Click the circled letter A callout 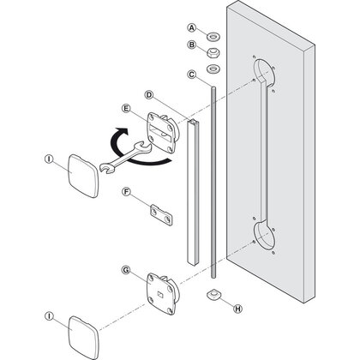192,27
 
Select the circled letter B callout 192,45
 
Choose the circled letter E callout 127,110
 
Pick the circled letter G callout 127,271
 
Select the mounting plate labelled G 159,291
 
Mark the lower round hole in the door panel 265,238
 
